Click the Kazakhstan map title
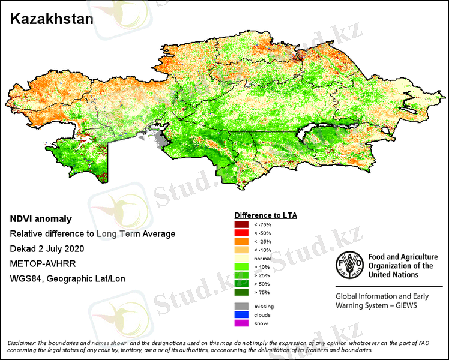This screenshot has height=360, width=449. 52,19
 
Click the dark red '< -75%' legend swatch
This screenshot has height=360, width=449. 242,224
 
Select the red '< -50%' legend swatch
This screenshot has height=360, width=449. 242,233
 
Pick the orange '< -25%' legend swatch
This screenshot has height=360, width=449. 242,241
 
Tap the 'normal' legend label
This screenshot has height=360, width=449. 262,259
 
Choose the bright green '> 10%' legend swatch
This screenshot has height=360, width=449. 242,266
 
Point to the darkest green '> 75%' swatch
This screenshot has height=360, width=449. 242,292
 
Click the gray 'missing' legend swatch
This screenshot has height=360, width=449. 242,307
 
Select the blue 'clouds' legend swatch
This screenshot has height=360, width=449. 242,315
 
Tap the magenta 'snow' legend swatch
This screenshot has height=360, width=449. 242,323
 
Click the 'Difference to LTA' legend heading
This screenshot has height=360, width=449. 265,215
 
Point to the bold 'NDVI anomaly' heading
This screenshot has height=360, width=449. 41,219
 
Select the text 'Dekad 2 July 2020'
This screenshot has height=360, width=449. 47,248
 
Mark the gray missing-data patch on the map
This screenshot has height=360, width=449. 159,142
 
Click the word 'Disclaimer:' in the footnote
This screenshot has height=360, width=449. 22,343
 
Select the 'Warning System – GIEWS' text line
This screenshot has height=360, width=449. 376,305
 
